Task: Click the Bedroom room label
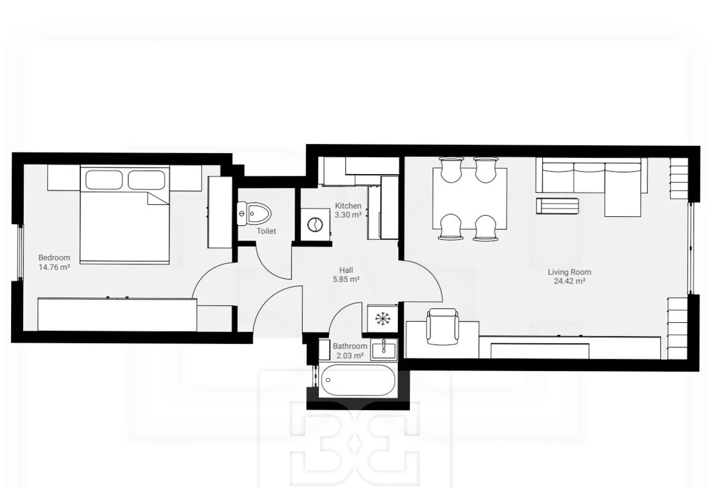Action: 54,258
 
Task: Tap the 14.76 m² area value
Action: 54,267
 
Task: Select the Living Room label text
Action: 569,272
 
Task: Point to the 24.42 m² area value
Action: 569,281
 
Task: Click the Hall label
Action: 346,270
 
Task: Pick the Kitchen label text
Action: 348,206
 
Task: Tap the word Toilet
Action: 266,231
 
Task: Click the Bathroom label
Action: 350,346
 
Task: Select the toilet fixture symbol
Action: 254,213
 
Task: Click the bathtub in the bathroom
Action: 358,380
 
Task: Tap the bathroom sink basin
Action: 384,349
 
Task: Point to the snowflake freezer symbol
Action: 383,319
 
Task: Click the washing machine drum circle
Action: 315,225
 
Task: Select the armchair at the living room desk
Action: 443,327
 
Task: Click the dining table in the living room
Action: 470,199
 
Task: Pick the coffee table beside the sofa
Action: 557,206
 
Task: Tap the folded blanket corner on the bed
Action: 158,198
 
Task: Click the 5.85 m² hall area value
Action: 346,279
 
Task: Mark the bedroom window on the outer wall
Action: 21,252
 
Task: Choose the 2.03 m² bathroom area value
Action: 350,355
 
